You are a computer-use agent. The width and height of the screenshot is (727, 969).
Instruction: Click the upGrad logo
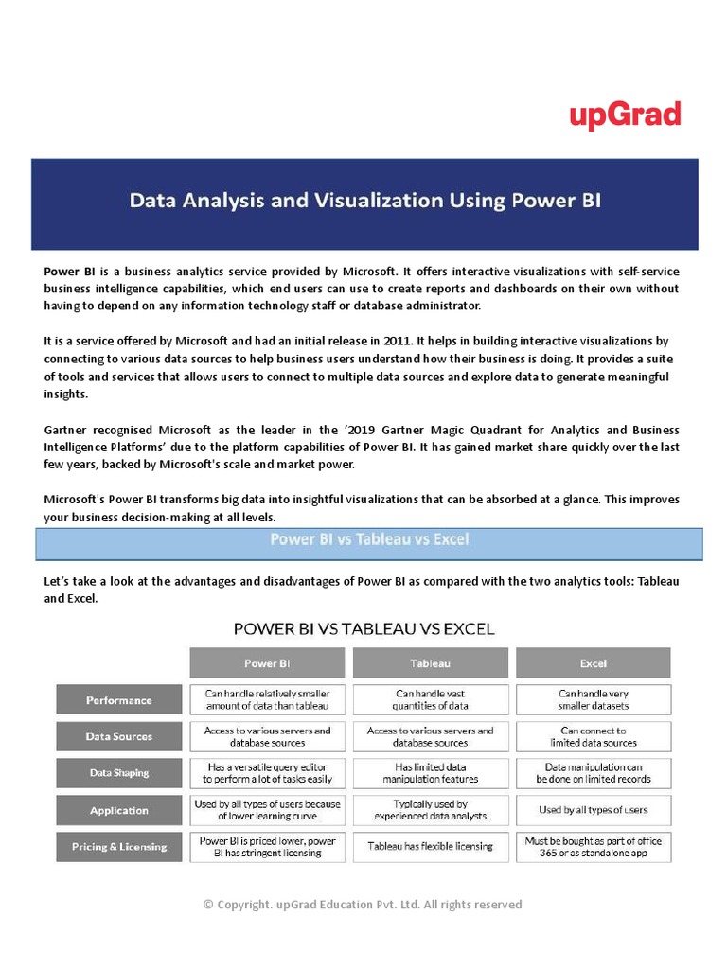pos(625,115)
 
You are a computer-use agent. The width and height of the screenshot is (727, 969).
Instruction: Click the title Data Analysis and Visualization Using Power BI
pos(364,201)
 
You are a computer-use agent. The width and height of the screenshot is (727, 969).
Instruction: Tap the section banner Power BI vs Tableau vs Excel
pos(369,540)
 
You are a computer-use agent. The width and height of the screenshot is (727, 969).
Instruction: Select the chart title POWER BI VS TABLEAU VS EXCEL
pos(363,628)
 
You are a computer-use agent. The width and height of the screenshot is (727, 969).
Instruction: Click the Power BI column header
pos(267,663)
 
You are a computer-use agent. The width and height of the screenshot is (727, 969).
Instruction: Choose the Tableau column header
pos(430,663)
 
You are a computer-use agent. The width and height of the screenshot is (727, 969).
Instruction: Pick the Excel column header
pos(593,663)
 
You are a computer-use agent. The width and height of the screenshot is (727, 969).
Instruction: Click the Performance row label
pos(118,700)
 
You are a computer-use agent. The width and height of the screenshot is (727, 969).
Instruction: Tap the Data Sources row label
pos(118,736)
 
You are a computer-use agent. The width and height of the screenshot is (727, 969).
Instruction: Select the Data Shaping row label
pos(118,773)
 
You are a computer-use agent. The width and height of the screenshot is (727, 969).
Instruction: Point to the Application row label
pos(118,810)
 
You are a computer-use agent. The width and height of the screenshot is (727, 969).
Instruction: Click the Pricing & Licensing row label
pos(118,847)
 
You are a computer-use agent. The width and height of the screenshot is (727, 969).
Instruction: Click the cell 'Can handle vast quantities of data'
pos(431,699)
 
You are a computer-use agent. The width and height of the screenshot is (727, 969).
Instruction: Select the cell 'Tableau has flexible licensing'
pos(431,847)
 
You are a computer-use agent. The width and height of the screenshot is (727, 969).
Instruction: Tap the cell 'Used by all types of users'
pos(594,810)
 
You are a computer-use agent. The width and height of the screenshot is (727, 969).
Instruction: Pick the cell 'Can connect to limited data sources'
pos(594,736)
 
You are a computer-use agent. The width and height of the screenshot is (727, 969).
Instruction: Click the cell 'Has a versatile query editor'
pos(267,773)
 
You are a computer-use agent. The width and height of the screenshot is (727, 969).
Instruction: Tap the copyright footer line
pos(363,905)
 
